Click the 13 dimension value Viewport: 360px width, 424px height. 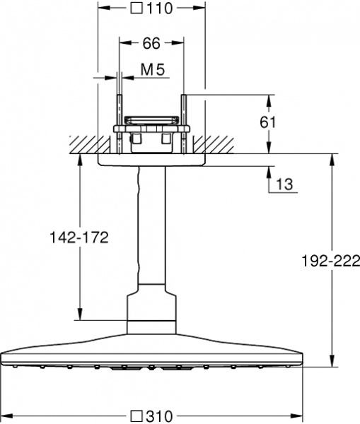pyautogui.click(x=284, y=184)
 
